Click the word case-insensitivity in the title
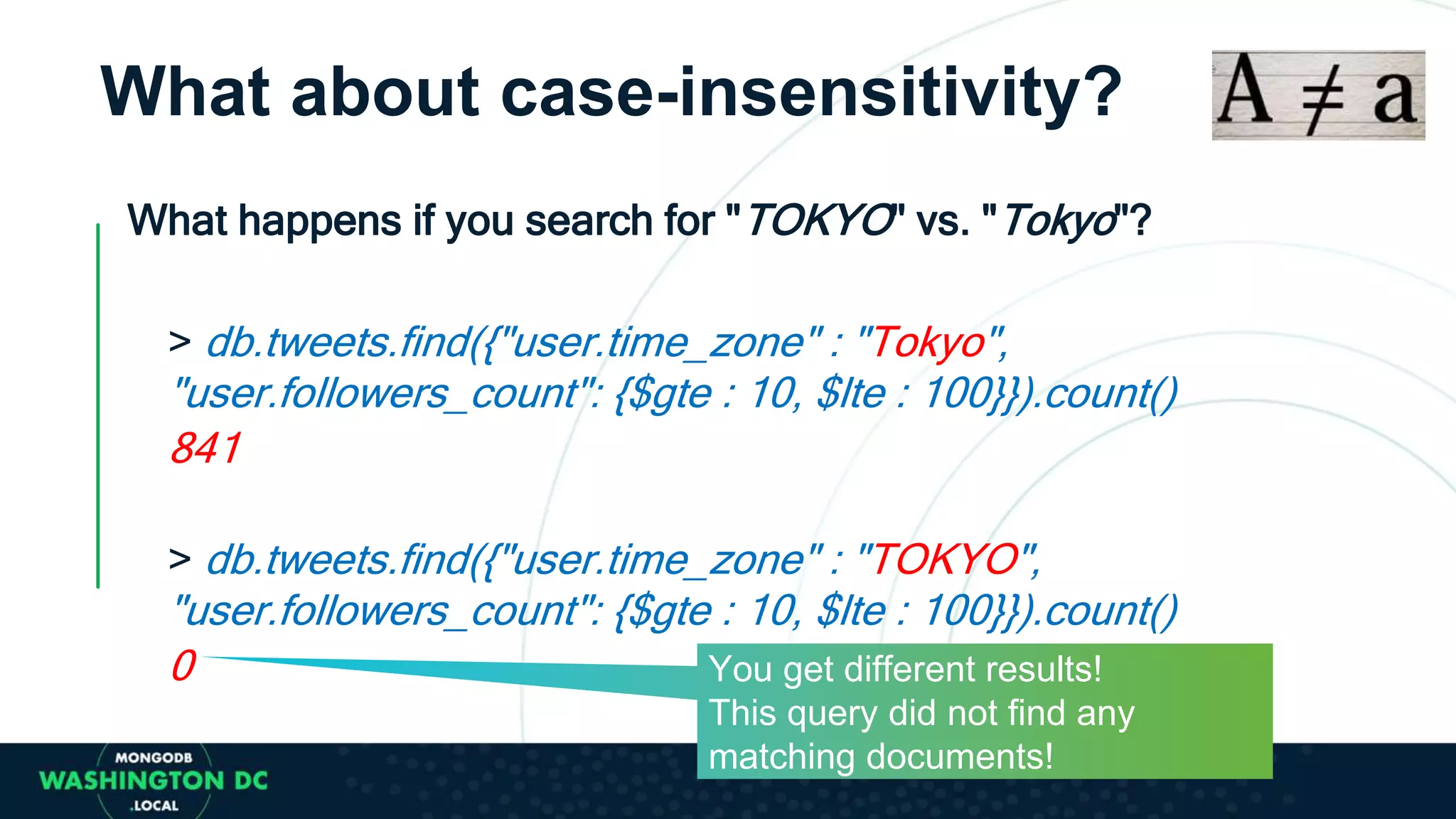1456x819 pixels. click(810, 92)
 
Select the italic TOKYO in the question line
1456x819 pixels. click(819, 220)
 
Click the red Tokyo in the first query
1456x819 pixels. click(928, 343)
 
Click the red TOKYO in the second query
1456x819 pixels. click(946, 560)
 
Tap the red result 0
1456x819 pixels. click(183, 666)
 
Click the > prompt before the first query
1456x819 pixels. click(180, 342)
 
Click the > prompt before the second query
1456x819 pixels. click(180, 560)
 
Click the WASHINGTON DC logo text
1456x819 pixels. click(154, 781)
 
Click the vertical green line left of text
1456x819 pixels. click(98, 405)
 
